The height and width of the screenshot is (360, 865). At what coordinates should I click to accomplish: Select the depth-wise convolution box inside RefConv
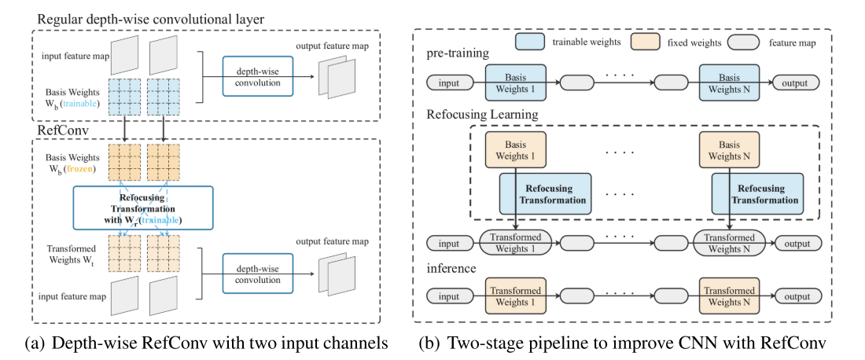256,273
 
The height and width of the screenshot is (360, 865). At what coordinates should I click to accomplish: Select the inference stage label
451,268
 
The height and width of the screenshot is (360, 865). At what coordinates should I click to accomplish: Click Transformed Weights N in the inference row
729,296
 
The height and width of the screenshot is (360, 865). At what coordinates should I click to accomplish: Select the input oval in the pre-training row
448,82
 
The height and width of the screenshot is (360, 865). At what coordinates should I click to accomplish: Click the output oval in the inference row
797,296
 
